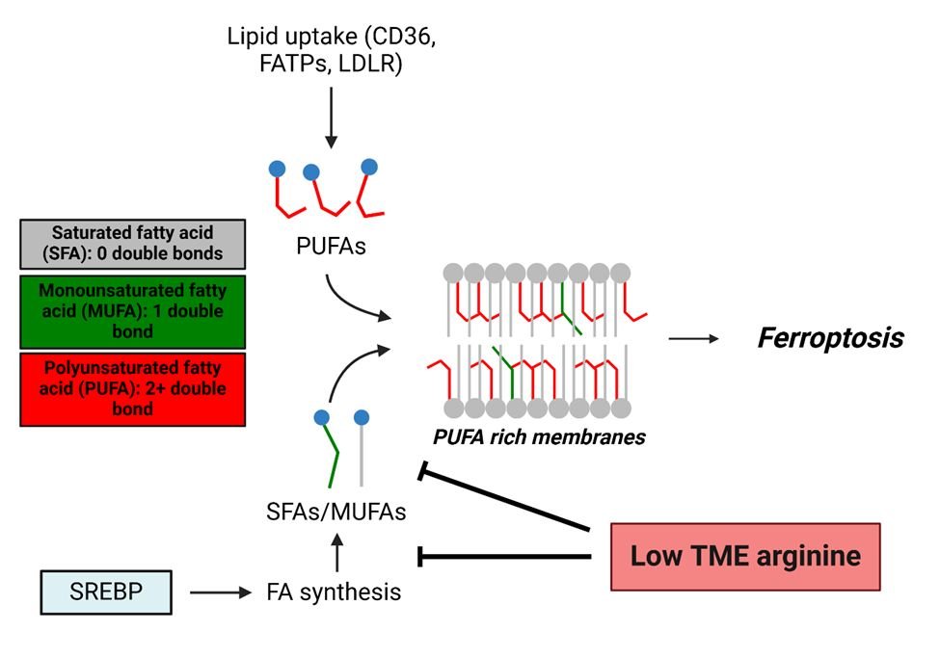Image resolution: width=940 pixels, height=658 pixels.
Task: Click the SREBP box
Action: (x=106, y=592)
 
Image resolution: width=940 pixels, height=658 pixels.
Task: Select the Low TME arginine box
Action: (x=745, y=557)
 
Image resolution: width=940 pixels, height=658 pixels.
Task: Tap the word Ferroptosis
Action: (x=831, y=338)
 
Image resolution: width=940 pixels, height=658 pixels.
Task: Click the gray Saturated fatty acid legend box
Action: (x=132, y=244)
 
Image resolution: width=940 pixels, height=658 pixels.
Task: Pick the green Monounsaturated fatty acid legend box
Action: (x=132, y=311)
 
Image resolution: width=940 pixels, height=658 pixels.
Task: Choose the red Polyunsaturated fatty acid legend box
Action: (x=132, y=389)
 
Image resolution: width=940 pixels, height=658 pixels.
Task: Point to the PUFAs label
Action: (x=331, y=247)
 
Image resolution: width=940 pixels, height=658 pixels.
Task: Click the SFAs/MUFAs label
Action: (x=336, y=512)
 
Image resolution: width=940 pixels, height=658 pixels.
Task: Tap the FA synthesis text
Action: (x=334, y=592)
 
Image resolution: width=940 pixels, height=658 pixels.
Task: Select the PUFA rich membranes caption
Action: (x=539, y=436)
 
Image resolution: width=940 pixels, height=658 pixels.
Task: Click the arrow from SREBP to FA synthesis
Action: (x=221, y=592)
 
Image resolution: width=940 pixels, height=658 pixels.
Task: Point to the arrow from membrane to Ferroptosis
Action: (x=693, y=338)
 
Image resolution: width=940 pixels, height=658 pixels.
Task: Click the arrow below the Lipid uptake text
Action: (x=331, y=118)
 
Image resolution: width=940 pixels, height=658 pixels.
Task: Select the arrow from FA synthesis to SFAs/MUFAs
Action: (x=337, y=553)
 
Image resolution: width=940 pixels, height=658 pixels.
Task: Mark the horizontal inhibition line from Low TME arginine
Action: (x=505, y=557)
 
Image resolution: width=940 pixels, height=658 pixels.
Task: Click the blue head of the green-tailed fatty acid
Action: (x=322, y=417)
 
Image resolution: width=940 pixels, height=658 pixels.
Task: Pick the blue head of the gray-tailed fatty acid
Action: (x=362, y=417)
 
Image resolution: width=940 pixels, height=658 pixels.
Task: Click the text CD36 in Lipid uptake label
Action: (x=399, y=37)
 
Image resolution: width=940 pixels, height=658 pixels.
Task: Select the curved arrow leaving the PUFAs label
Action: (x=351, y=304)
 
